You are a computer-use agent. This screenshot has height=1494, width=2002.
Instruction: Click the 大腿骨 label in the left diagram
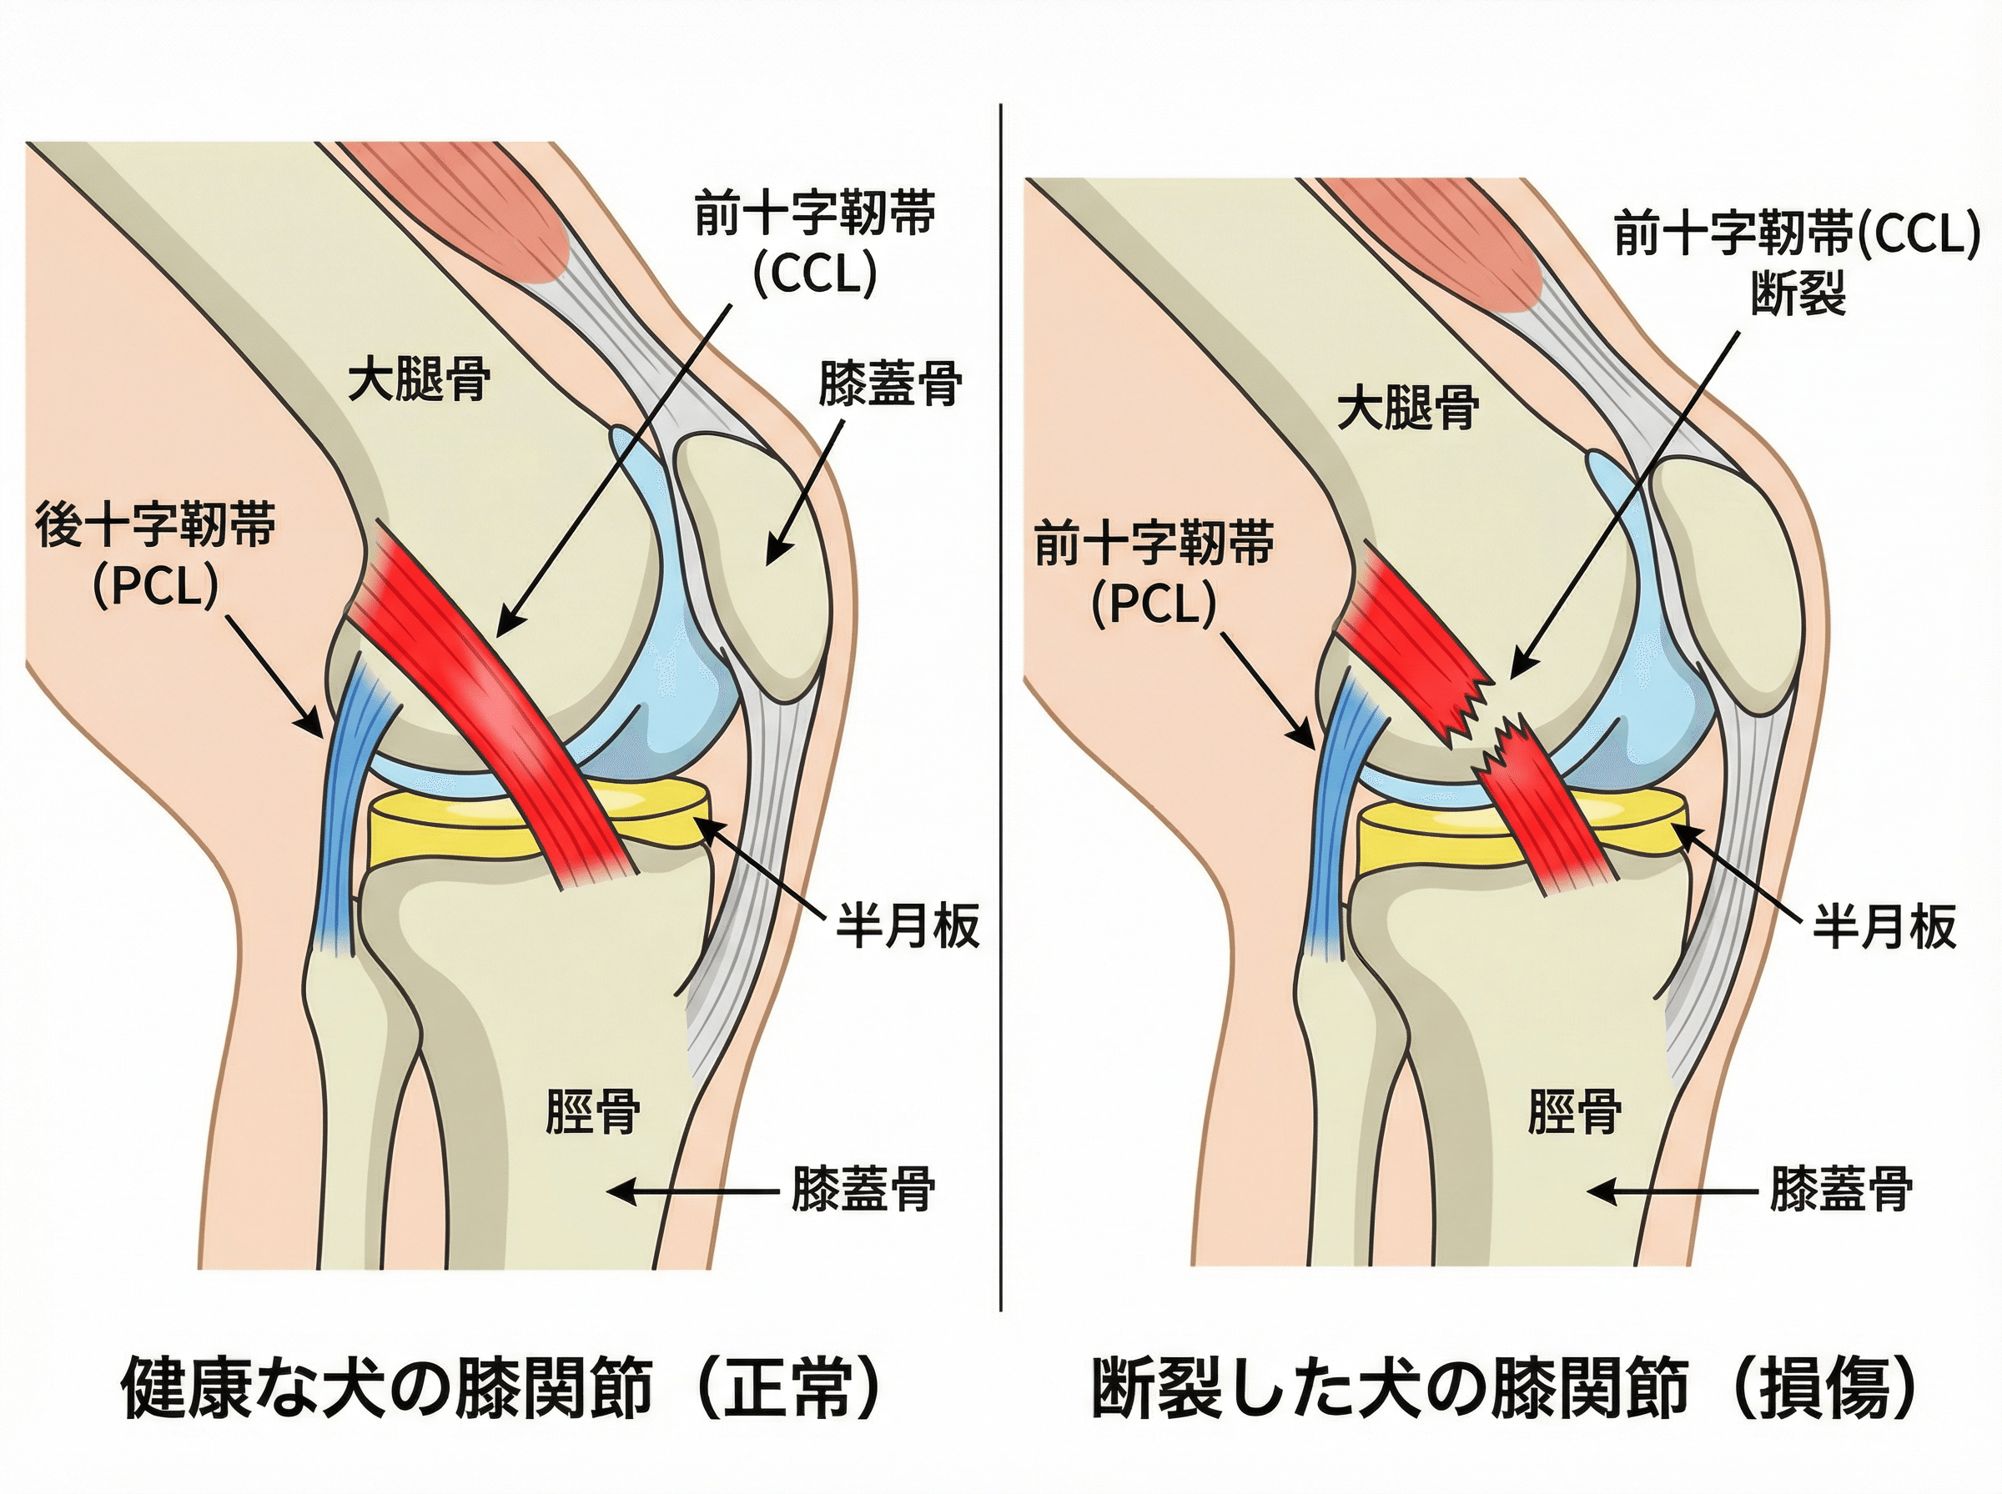click(420, 379)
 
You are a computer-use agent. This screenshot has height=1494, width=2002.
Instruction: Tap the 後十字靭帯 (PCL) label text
click(156, 555)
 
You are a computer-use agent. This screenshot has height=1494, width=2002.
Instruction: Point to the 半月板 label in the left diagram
click(908, 926)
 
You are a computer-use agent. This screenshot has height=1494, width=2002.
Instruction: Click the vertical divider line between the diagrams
click(1000, 705)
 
